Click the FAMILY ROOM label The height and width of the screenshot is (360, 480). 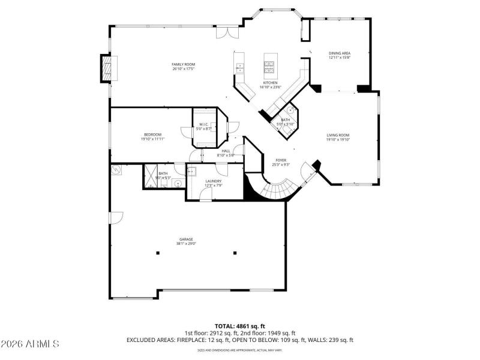pos(183,64)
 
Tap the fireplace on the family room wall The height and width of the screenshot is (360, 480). pos(106,67)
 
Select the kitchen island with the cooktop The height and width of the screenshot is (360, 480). pos(269,63)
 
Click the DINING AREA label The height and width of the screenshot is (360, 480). pos(339,53)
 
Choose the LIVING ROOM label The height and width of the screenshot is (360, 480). pos(338,135)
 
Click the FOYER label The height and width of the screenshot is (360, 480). pos(281,160)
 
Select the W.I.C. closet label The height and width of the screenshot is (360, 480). pos(204,125)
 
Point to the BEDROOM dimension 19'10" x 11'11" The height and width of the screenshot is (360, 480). pos(152,139)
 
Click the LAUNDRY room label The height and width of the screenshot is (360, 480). pos(213,181)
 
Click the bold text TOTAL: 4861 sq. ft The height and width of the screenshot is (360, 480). pos(239,326)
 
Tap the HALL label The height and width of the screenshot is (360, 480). pos(226,151)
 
